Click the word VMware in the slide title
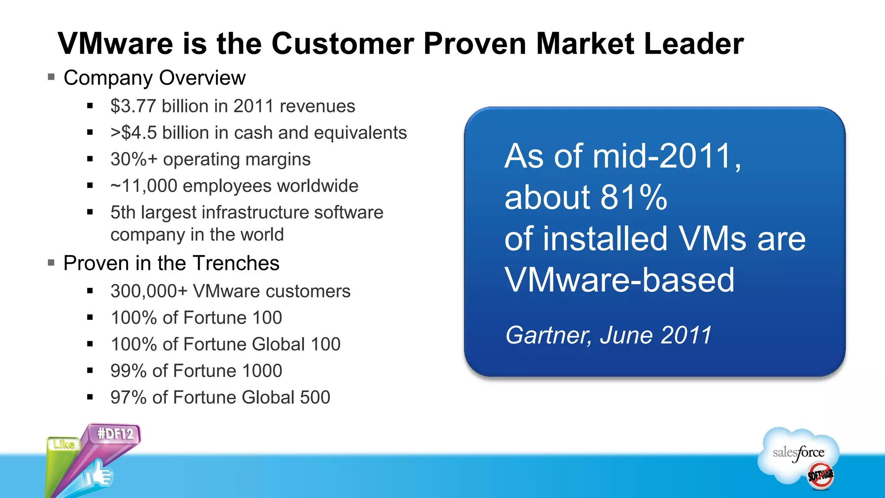click(116, 44)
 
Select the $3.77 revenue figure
click(133, 106)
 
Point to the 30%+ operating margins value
click(134, 159)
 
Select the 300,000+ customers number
click(149, 291)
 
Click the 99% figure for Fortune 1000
click(128, 371)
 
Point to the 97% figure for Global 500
click(128, 397)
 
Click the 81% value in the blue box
click(634, 198)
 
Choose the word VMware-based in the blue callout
click(619, 280)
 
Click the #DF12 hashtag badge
click(115, 434)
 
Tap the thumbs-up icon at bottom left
click(98, 474)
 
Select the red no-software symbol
click(820, 476)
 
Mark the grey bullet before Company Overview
click(51, 77)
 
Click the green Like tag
click(64, 444)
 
